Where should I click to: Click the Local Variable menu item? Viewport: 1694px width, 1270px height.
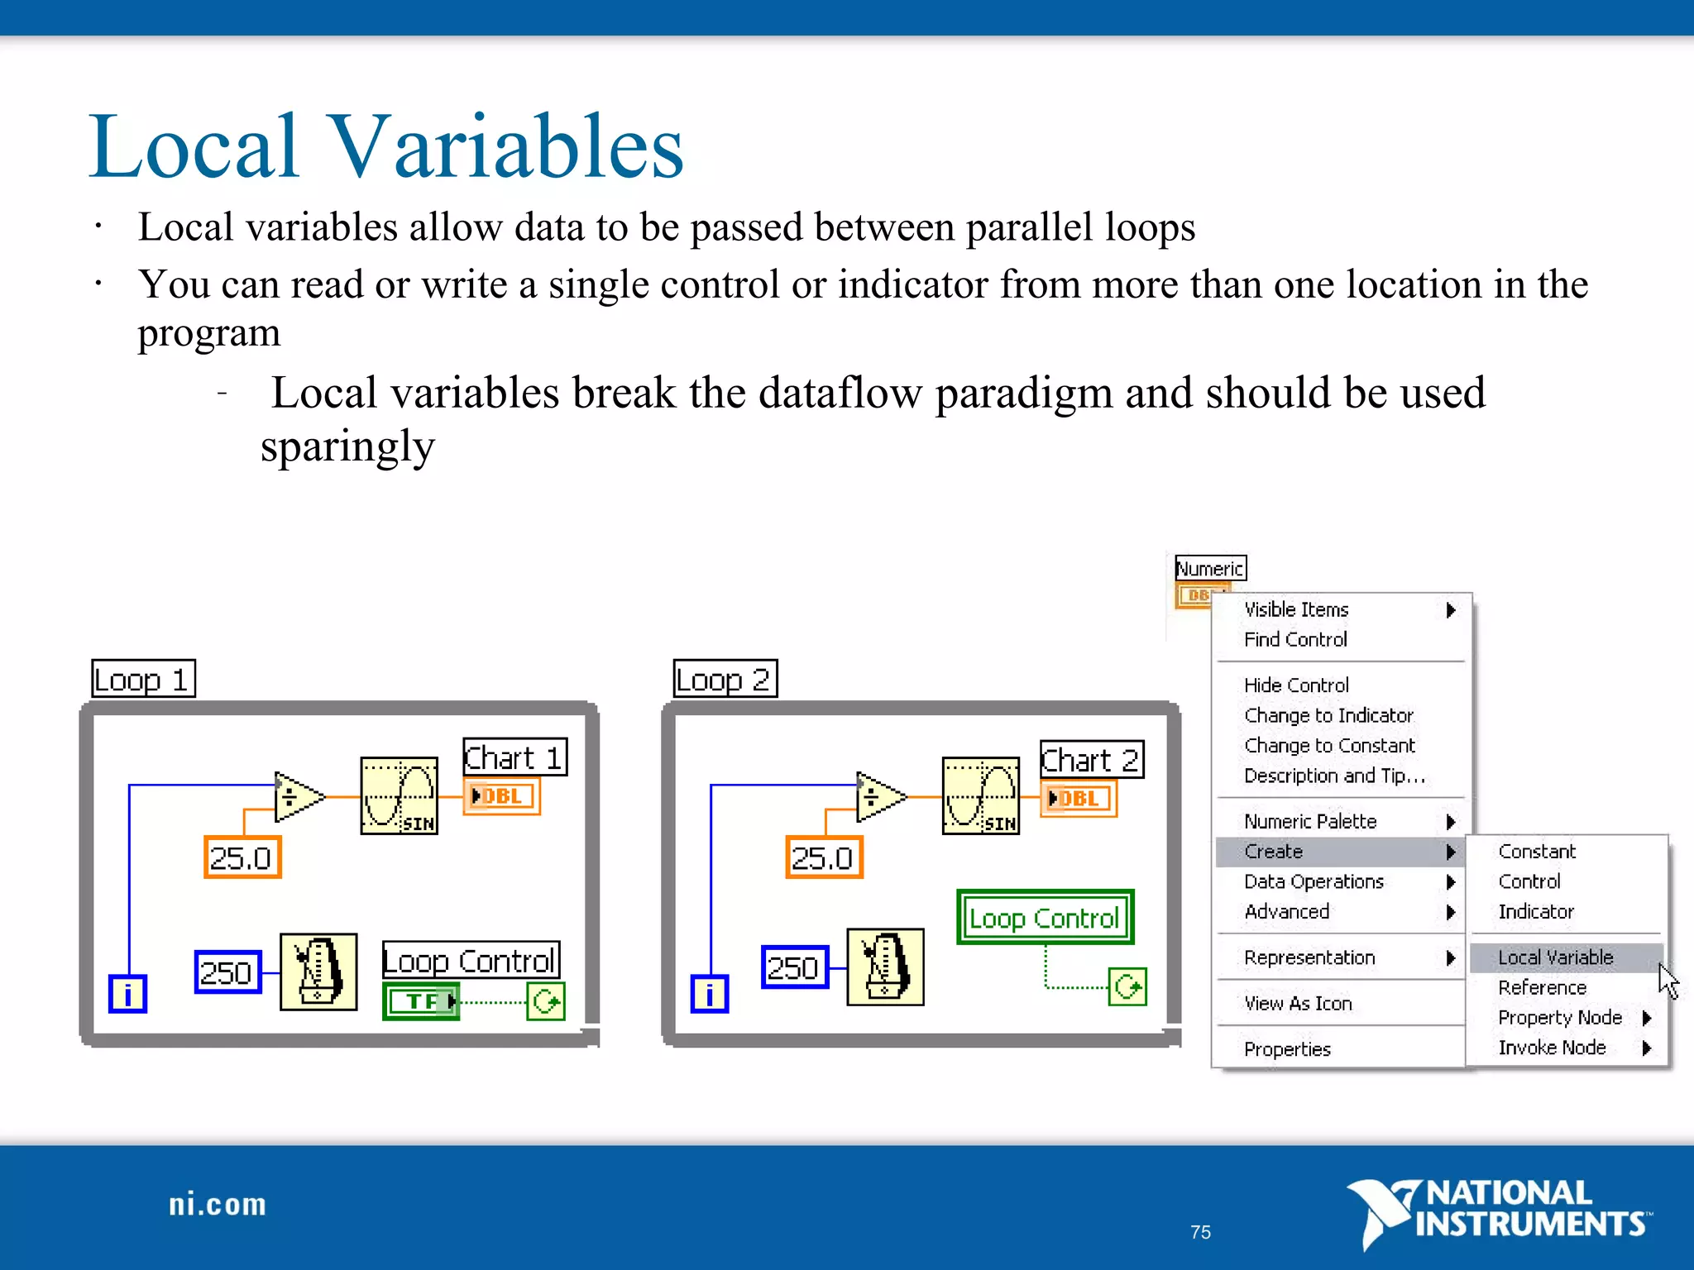(x=1555, y=957)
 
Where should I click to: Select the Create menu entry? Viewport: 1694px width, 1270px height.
(x=1274, y=852)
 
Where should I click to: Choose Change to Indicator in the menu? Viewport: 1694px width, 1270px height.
(x=1328, y=715)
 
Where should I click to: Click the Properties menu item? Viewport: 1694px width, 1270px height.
(x=1287, y=1049)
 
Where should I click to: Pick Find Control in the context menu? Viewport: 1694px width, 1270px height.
(x=1295, y=639)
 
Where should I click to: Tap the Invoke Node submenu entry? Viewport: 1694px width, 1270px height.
(x=1552, y=1048)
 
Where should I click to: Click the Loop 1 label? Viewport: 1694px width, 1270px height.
(x=143, y=679)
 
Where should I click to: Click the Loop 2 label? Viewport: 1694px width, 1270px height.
(x=725, y=679)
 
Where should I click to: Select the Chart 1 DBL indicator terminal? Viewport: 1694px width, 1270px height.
(x=501, y=796)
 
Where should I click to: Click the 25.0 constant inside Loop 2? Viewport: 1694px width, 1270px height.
(x=823, y=857)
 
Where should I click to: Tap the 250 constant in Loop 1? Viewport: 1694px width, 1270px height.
(x=227, y=972)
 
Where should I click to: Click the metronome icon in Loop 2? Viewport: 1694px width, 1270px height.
(x=885, y=967)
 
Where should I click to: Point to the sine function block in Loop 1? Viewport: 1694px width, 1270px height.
(x=399, y=795)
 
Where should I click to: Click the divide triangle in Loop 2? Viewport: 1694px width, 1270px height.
(x=878, y=797)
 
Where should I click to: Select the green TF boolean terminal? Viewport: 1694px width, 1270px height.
(x=420, y=1001)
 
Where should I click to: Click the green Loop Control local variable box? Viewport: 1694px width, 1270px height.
(x=1045, y=918)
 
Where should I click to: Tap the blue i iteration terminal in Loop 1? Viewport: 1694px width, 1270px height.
(x=127, y=994)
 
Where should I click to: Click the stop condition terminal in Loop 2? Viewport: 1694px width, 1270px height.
(x=1127, y=986)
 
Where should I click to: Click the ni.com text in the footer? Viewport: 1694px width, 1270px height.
(x=218, y=1205)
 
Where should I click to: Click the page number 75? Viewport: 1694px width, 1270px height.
(x=1200, y=1232)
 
